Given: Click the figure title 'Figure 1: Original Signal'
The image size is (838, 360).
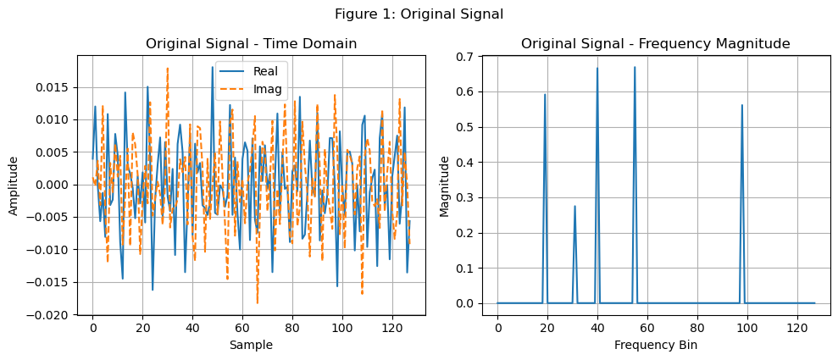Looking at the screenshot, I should (x=419, y=14).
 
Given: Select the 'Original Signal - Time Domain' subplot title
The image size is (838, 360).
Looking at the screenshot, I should (x=251, y=43).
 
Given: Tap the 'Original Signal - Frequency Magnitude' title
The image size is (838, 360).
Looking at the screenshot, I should (x=655, y=43).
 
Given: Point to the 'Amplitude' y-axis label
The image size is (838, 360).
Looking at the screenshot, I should (x=14, y=185).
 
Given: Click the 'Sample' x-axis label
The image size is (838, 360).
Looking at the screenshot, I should (x=251, y=345).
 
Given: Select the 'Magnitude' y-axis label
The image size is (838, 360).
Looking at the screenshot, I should (x=445, y=185).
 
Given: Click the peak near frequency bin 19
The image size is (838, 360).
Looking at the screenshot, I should (x=545, y=94).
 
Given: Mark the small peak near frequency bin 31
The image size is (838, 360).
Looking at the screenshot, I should (x=574, y=206).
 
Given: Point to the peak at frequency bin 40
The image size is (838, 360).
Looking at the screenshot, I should (x=597, y=68).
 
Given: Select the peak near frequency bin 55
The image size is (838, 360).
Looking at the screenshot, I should (x=635, y=67).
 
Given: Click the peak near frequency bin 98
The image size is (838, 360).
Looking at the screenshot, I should (x=741, y=105).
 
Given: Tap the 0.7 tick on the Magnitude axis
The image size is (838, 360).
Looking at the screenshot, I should (x=464, y=56).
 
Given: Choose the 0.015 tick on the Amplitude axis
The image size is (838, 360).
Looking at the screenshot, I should (x=65, y=87).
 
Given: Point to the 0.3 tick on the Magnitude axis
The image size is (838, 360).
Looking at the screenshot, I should (x=464, y=197).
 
